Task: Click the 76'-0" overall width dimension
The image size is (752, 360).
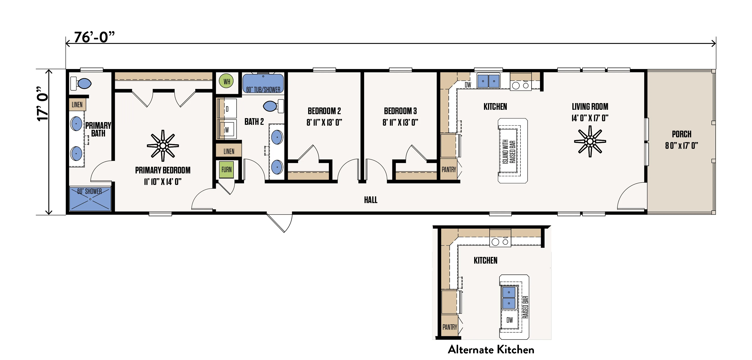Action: click(94, 37)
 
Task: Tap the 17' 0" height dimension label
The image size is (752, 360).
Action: click(43, 104)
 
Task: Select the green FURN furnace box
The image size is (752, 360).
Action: click(226, 169)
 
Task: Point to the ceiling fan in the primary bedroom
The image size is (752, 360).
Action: click(163, 146)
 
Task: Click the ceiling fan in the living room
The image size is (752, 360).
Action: click(590, 141)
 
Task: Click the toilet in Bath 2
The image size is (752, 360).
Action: click(273, 106)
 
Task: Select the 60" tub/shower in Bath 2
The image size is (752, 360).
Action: click(263, 84)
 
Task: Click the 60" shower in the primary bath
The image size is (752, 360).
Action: click(90, 199)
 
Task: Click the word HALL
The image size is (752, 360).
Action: click(371, 200)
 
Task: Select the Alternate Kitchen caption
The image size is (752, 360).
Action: click(491, 350)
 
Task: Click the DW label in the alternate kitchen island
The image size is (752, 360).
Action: click(510, 320)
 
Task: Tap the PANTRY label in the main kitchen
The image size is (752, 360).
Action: click(449, 169)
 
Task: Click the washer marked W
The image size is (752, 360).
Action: click(227, 130)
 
